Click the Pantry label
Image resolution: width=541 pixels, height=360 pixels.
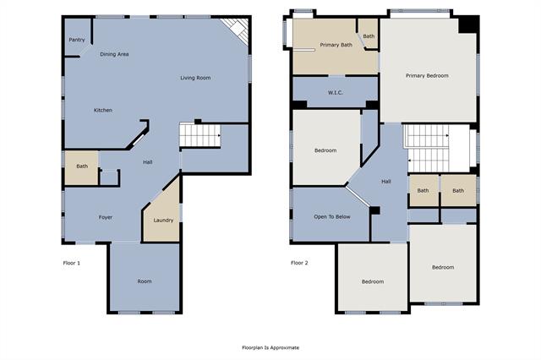coord(77,40)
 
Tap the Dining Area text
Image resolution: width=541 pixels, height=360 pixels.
coord(114,54)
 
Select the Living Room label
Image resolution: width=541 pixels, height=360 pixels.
coord(195,78)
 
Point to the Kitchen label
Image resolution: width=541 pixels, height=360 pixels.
coord(103,111)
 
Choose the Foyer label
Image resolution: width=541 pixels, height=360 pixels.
coord(106,217)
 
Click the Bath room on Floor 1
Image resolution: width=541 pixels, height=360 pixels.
coord(81,168)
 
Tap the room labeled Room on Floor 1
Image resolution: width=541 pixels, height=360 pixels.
coord(145,277)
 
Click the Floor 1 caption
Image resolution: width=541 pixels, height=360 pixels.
coord(72,263)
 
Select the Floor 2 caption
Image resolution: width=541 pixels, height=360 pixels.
coord(299,263)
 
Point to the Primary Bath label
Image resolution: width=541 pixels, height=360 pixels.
coord(336,45)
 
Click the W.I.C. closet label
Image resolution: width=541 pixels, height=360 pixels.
coord(336,93)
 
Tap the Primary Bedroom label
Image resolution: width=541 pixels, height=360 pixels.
coord(427,76)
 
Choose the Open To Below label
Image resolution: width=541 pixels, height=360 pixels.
coord(332,217)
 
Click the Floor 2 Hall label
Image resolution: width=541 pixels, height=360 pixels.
coord(386,182)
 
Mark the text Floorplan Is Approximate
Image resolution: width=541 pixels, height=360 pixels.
coord(270,347)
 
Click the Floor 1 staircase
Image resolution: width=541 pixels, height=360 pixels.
coord(200,135)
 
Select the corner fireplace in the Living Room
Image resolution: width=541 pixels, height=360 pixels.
coord(236,30)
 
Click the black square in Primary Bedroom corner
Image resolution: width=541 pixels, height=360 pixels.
coord(468,25)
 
